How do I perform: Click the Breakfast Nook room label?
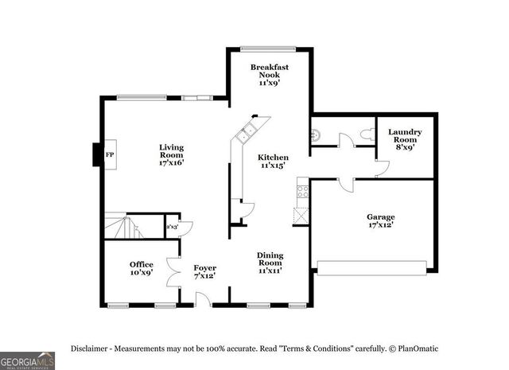pyautogui.click(x=269, y=74)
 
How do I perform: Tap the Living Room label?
pyautogui.click(x=171, y=154)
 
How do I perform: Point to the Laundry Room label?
pyautogui.click(x=405, y=138)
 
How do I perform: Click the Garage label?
pyautogui.click(x=380, y=221)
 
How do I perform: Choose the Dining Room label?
pyautogui.click(x=270, y=263)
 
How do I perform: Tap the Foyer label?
pyautogui.click(x=205, y=272)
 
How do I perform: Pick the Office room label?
pyautogui.click(x=142, y=268)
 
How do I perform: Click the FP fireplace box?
pyautogui.click(x=109, y=156)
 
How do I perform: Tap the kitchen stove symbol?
pyautogui.click(x=302, y=191)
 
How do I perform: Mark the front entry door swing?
pyautogui.click(x=204, y=299)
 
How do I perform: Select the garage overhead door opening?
pyautogui.click(x=375, y=267)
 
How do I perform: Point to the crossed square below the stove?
pyautogui.click(x=301, y=215)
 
